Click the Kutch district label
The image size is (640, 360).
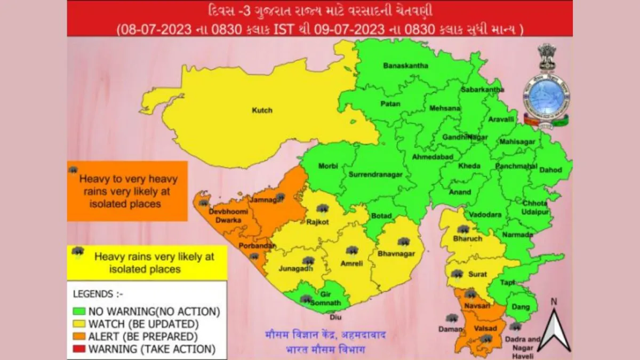coord(262,110)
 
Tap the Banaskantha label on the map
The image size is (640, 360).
coord(406,66)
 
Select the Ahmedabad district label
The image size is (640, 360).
coord(433,157)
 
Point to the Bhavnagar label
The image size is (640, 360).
coord(396,253)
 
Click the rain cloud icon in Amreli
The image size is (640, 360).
coord(351,250)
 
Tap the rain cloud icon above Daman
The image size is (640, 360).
coord(452,318)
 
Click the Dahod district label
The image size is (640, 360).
coord(550,170)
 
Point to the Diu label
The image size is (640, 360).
coord(335,317)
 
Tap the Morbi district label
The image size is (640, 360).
coord(328,166)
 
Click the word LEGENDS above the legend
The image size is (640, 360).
coord(93,294)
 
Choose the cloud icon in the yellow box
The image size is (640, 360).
coord(78,251)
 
